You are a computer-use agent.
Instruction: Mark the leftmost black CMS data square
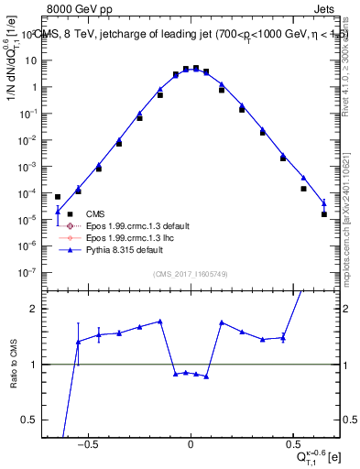58,197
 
